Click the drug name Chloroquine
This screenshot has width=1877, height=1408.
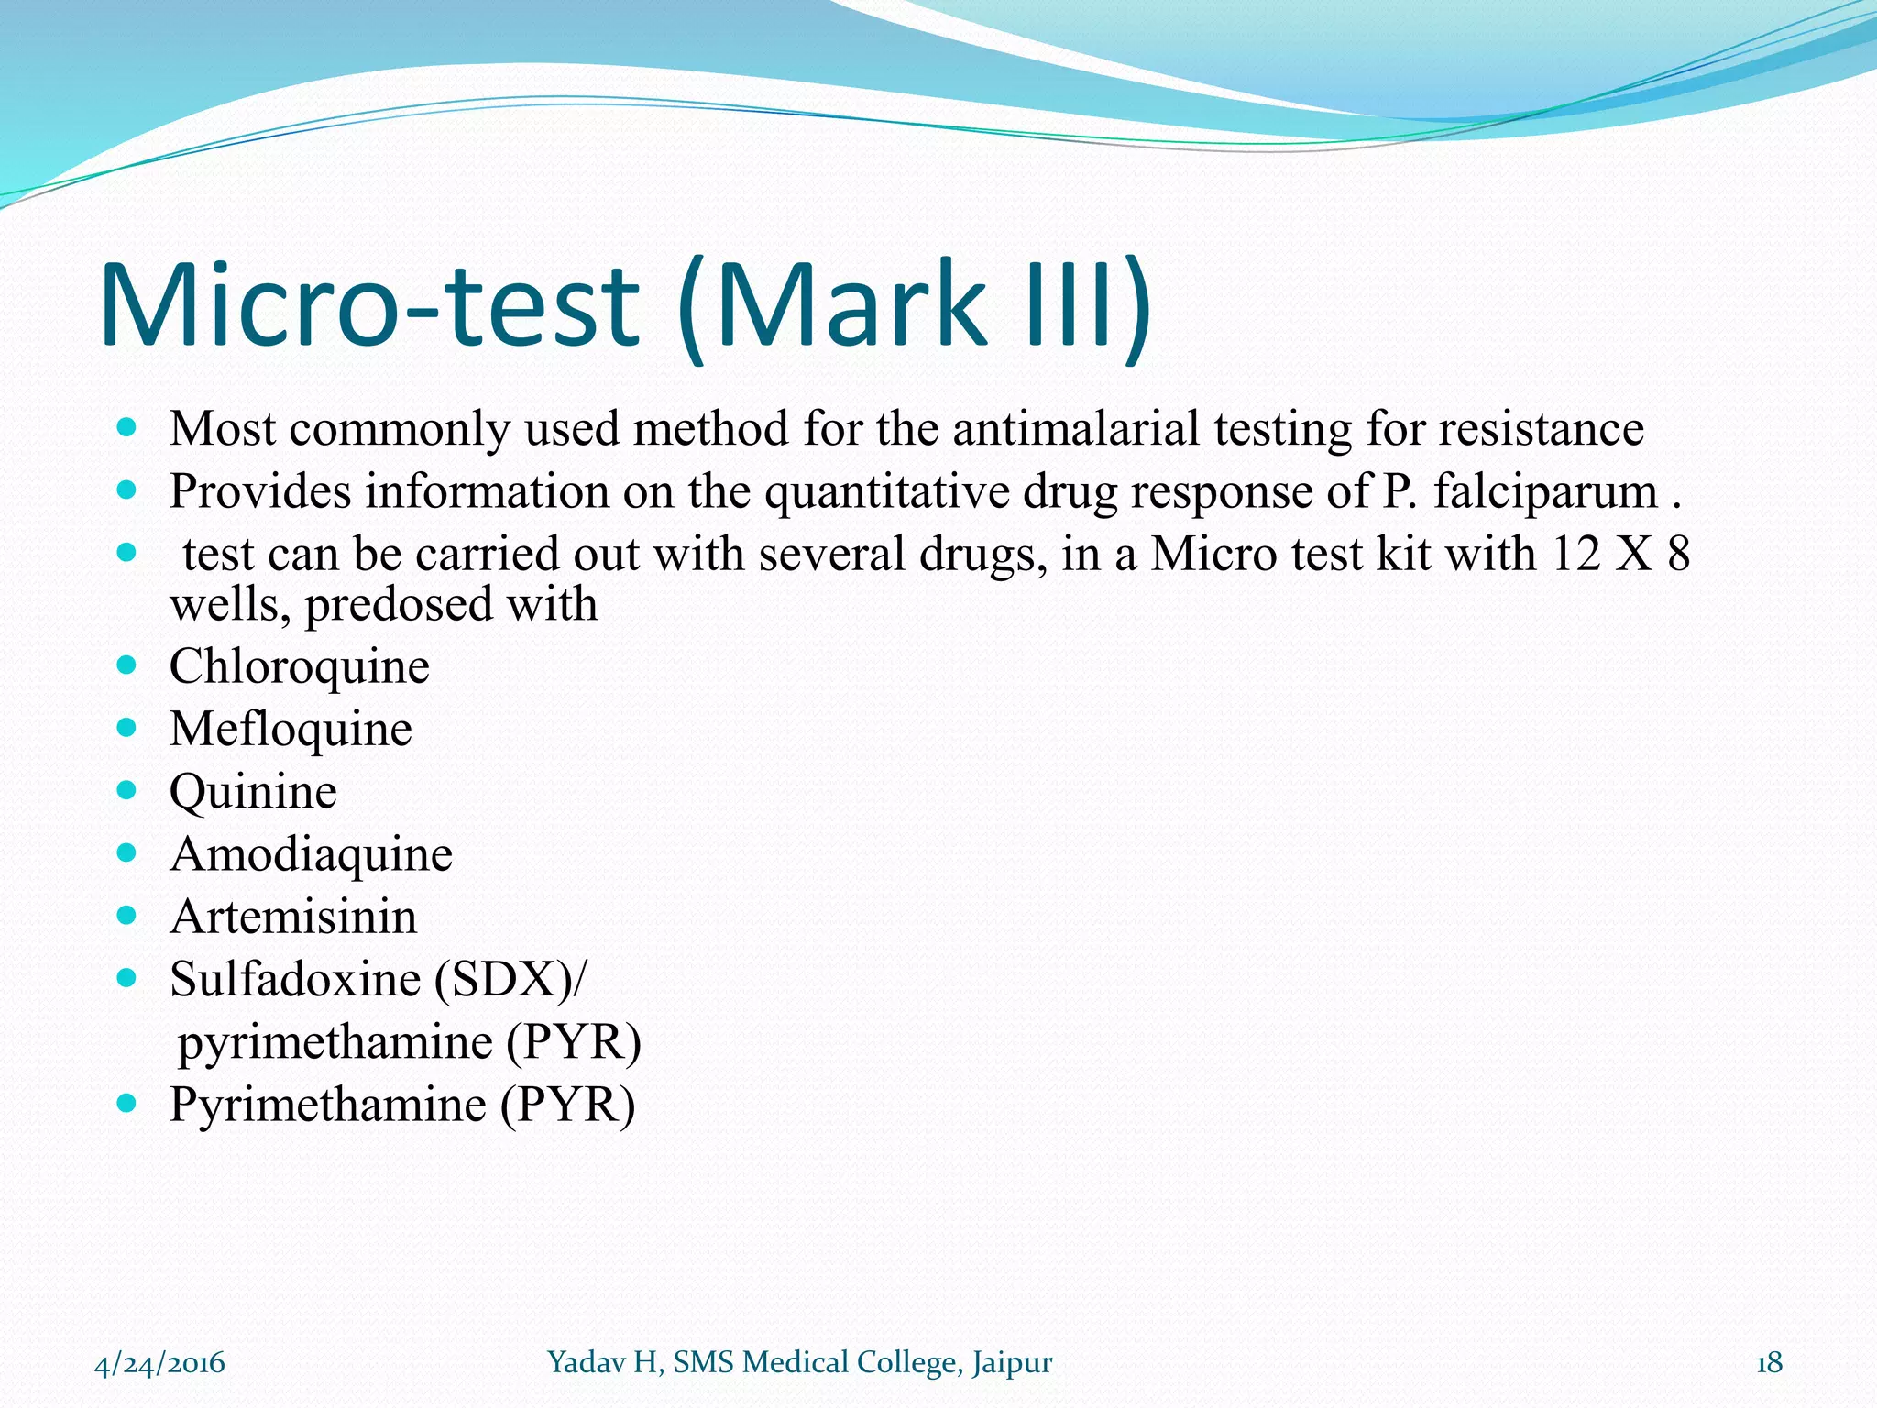point(299,666)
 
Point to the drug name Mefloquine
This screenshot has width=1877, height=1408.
point(291,730)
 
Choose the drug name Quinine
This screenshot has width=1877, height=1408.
point(253,792)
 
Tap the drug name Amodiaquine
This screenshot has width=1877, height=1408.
point(311,854)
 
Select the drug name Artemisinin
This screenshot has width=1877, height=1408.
point(293,917)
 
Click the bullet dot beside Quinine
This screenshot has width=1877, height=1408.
point(127,789)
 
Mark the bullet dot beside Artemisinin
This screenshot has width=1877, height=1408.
point(127,915)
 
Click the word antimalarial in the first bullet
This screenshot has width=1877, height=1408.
point(1075,429)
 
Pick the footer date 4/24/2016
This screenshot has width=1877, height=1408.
point(160,1363)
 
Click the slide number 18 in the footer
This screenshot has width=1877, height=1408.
point(1769,1363)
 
